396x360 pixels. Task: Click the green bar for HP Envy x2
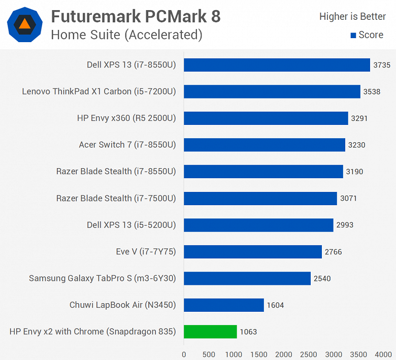pyautogui.click(x=210, y=332)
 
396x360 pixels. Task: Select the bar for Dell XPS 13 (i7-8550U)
pyautogui.click(x=277, y=65)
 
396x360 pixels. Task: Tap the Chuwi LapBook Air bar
pyautogui.click(x=223, y=305)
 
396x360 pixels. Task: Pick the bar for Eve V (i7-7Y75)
pyautogui.click(x=252, y=252)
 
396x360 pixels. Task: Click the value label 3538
pyautogui.click(x=373, y=92)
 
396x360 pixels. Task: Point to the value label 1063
pyautogui.click(x=249, y=332)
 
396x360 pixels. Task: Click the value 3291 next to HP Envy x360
pyautogui.click(x=359, y=118)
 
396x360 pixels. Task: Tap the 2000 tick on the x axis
pyautogui.click(x=284, y=354)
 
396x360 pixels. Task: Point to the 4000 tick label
pyautogui.click(x=384, y=354)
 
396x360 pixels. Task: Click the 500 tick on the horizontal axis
pyautogui.click(x=209, y=354)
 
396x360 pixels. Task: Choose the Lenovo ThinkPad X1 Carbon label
pyautogui.click(x=99, y=92)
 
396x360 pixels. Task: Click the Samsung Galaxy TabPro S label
pyautogui.click(x=102, y=278)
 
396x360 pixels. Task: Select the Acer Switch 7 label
pyautogui.click(x=127, y=145)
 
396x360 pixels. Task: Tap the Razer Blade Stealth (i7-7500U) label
pyautogui.click(x=116, y=199)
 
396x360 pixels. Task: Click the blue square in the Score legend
pyautogui.click(x=353, y=36)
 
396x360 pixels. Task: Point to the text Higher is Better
pyautogui.click(x=352, y=17)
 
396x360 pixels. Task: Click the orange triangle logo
pyautogui.click(x=24, y=24)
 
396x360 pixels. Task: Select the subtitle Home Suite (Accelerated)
pyautogui.click(x=127, y=35)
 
